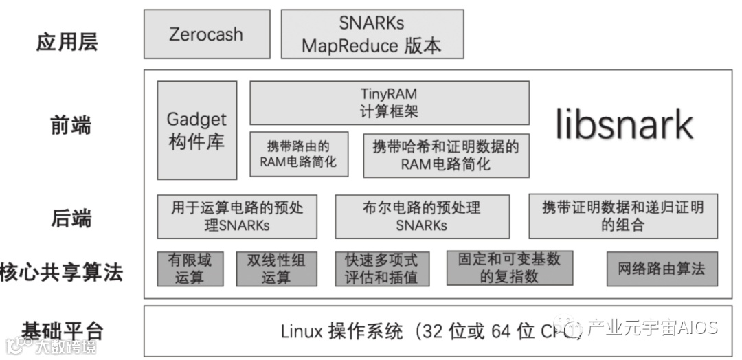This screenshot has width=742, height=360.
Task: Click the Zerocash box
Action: point(205,34)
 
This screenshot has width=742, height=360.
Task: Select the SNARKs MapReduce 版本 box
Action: point(372,34)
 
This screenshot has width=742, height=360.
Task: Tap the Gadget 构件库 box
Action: point(196,130)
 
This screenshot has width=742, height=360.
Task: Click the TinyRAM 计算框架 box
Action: point(389,102)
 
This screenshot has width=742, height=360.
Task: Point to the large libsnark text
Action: point(624,125)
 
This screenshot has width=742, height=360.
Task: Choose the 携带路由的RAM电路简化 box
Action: point(298,154)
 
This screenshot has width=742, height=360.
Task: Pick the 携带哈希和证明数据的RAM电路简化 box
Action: point(446,155)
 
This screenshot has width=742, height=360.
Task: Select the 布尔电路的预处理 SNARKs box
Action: point(422,216)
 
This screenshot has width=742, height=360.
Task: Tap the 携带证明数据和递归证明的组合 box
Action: point(622,216)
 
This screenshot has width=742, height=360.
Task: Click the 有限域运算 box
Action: point(190,269)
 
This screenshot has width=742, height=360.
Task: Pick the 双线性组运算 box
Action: point(277,269)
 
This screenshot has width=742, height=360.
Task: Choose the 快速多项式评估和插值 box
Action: point(381,269)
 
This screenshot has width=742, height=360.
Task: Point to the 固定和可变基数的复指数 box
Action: point(509,269)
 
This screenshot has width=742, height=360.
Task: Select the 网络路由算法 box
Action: point(662,269)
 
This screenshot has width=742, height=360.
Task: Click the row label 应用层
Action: point(67,41)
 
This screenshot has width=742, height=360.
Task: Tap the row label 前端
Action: point(71,126)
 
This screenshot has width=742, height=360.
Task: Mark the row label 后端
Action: point(71,218)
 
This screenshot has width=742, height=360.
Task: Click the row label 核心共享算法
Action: point(62,272)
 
